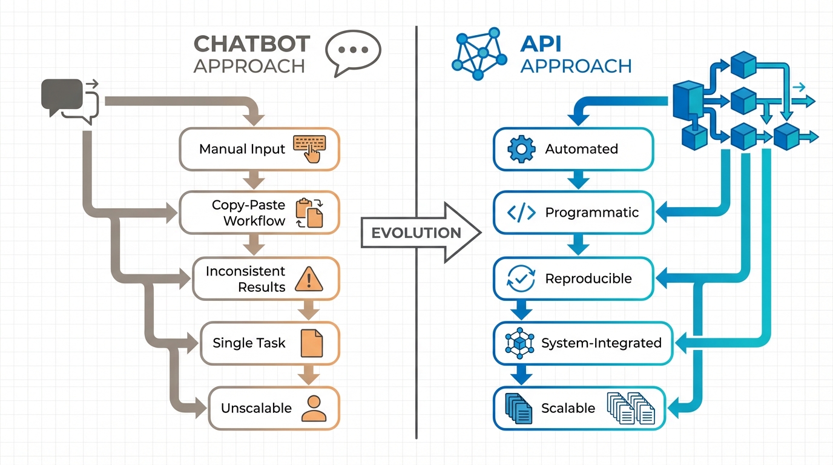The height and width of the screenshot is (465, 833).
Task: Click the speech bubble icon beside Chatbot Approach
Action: pyautogui.click(x=353, y=53)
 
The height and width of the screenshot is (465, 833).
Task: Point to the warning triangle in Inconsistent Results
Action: pyautogui.click(x=309, y=279)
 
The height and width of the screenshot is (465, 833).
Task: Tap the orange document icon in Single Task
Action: pyautogui.click(x=312, y=343)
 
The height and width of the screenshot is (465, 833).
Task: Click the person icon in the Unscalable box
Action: pyautogui.click(x=314, y=408)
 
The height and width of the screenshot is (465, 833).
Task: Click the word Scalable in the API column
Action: pyautogui.click(x=568, y=408)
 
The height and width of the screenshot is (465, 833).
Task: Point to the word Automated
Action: pyautogui.click(x=581, y=149)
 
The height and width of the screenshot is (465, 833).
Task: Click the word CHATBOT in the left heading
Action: pyautogui.click(x=251, y=44)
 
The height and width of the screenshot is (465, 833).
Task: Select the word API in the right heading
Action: pyautogui.click(x=541, y=44)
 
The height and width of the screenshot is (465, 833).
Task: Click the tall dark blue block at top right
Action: pyautogui.click(x=688, y=104)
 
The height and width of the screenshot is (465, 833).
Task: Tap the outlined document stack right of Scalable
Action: pyautogui.click(x=630, y=407)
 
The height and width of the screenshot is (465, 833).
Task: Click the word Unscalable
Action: pyautogui.click(x=256, y=408)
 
